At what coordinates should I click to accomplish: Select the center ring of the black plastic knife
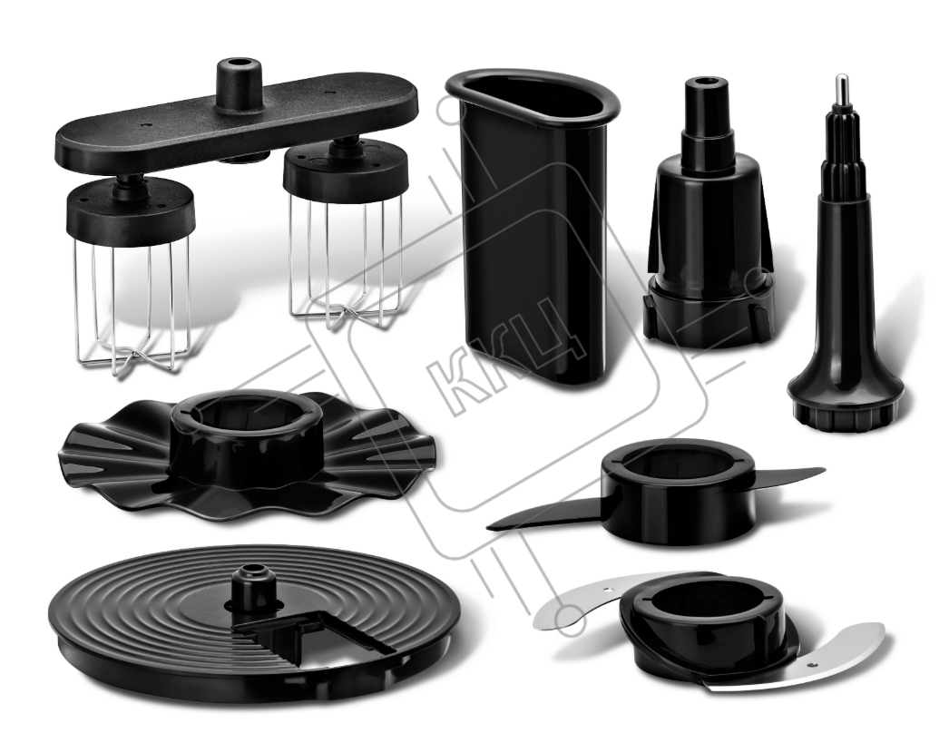tap(677, 493)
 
